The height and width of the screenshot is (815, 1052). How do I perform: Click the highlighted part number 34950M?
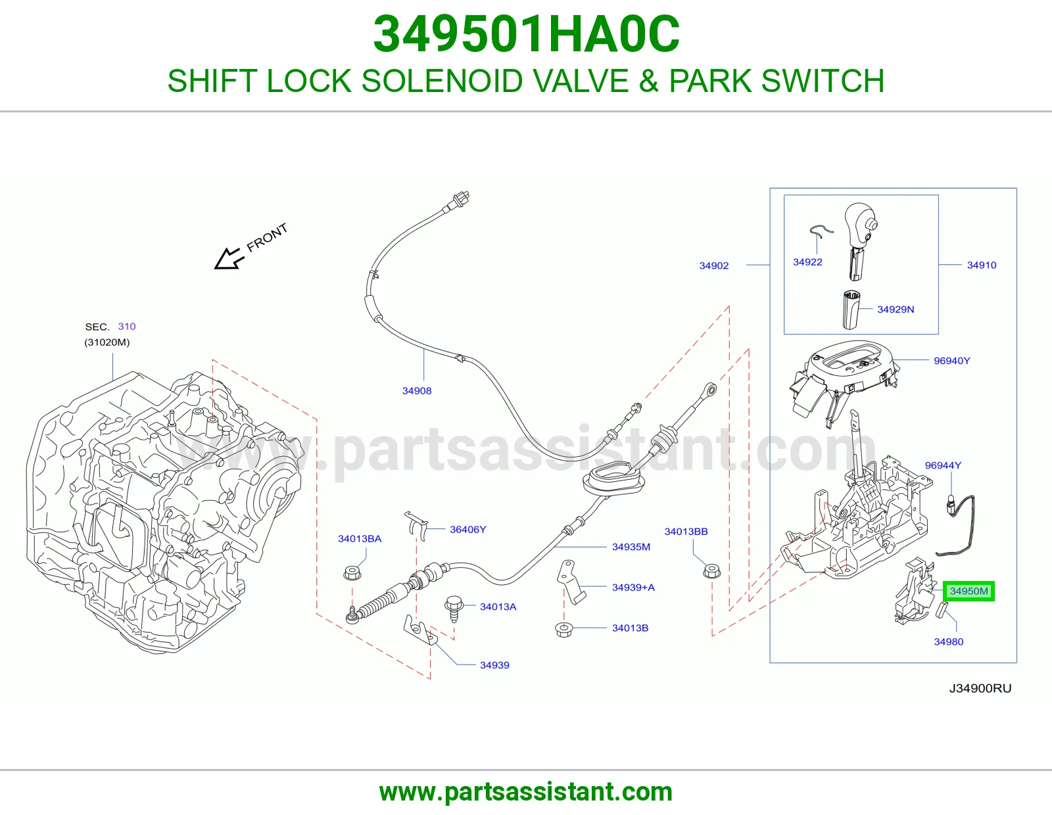(x=968, y=591)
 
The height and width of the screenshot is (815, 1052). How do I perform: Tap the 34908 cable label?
(x=417, y=390)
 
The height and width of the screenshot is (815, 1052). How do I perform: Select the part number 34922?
(x=807, y=262)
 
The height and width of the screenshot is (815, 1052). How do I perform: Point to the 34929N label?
(x=896, y=310)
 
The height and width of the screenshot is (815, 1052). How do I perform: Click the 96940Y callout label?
(x=952, y=361)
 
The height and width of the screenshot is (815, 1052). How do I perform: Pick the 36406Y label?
(x=467, y=530)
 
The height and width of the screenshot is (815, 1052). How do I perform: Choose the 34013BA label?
(x=360, y=539)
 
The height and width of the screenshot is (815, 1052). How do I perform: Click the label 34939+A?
(x=633, y=587)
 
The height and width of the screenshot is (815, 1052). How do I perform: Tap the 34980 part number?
(x=948, y=641)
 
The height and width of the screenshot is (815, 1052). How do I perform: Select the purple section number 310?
(x=127, y=326)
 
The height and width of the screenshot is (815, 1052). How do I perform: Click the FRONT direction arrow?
(x=229, y=258)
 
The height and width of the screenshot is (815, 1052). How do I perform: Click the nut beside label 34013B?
(x=564, y=630)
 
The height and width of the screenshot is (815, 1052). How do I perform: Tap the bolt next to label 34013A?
(x=454, y=609)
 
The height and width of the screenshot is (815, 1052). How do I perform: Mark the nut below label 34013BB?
(x=711, y=571)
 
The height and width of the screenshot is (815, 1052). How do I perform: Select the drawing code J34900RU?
(x=980, y=688)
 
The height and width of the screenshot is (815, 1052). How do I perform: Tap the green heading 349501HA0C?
(x=526, y=34)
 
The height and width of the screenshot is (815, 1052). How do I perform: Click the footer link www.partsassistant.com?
(x=526, y=792)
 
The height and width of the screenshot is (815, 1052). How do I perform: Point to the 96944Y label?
(x=943, y=465)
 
